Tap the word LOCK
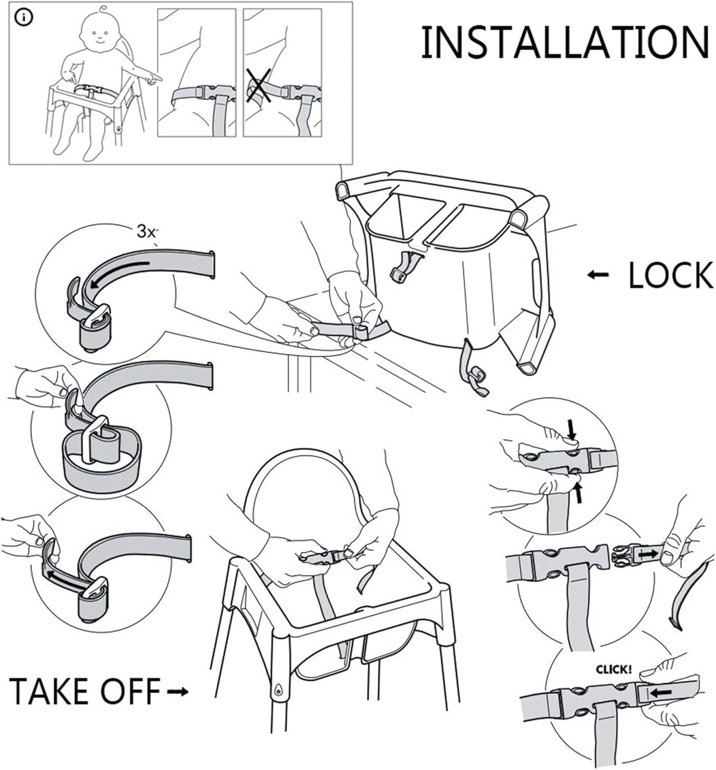point(670,275)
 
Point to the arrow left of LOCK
point(598,275)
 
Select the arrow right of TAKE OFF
point(178,691)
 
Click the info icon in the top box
point(24,18)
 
